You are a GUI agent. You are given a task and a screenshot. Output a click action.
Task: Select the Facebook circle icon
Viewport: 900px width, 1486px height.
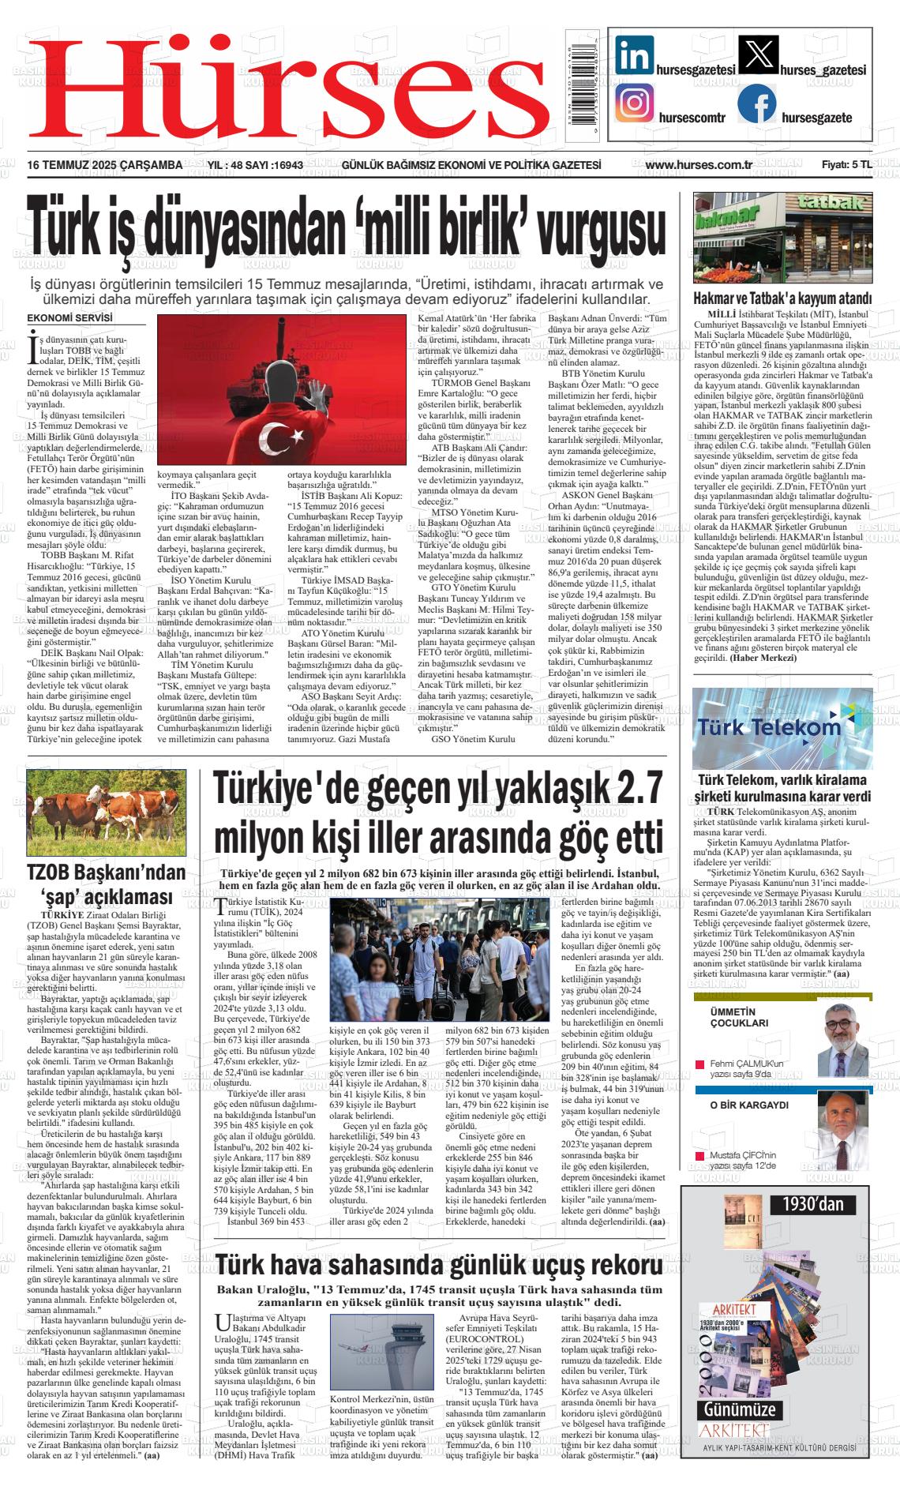(x=756, y=104)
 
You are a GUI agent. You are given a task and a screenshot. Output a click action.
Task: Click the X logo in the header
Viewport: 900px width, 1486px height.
(x=756, y=55)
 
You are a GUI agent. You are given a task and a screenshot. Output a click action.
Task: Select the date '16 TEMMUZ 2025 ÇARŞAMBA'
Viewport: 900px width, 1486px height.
(x=105, y=165)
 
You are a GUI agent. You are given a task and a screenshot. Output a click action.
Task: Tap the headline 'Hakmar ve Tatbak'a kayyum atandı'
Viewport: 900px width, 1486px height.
(x=782, y=299)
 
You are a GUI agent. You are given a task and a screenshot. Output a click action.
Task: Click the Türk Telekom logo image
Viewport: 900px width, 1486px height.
(x=771, y=728)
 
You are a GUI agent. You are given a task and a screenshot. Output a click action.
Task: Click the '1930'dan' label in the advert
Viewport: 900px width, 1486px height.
(x=813, y=1204)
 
